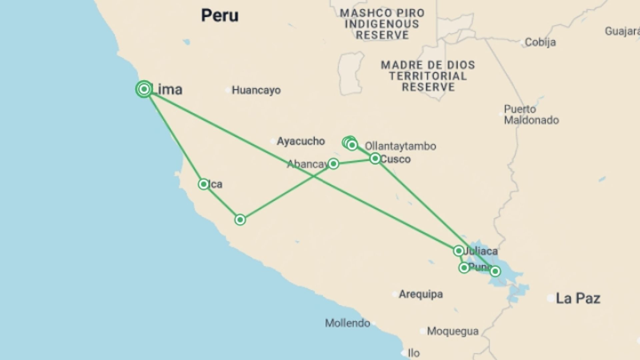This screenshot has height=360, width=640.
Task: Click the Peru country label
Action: coord(220,15)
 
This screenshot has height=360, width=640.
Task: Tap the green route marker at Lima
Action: coord(144,89)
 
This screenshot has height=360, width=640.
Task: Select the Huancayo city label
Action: coord(256,90)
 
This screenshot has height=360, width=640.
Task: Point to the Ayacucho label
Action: coord(301,141)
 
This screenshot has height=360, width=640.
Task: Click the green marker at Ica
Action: coord(203,184)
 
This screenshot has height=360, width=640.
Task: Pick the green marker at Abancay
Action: coord(333,164)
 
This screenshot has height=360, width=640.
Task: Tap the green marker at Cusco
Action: coord(375,158)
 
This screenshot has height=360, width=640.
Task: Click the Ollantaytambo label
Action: coord(400,146)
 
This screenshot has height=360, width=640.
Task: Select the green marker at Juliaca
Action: coord(459,251)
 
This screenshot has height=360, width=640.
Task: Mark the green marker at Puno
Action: coord(464,267)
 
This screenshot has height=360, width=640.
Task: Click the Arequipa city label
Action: coord(421,294)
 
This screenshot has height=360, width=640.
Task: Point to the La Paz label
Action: coord(578,298)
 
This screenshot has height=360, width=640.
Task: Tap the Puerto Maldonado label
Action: coord(531,114)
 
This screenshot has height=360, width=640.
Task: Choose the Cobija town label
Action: coord(540,42)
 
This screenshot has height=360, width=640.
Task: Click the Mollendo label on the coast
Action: coord(347,323)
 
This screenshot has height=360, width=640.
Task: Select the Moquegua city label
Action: coord(452,331)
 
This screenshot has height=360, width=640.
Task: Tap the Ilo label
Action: coord(414,353)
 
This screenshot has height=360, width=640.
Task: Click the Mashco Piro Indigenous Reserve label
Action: coord(382,24)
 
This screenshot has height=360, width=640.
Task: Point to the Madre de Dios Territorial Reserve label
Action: coord(428,76)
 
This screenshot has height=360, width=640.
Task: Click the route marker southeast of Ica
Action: coord(240,220)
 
